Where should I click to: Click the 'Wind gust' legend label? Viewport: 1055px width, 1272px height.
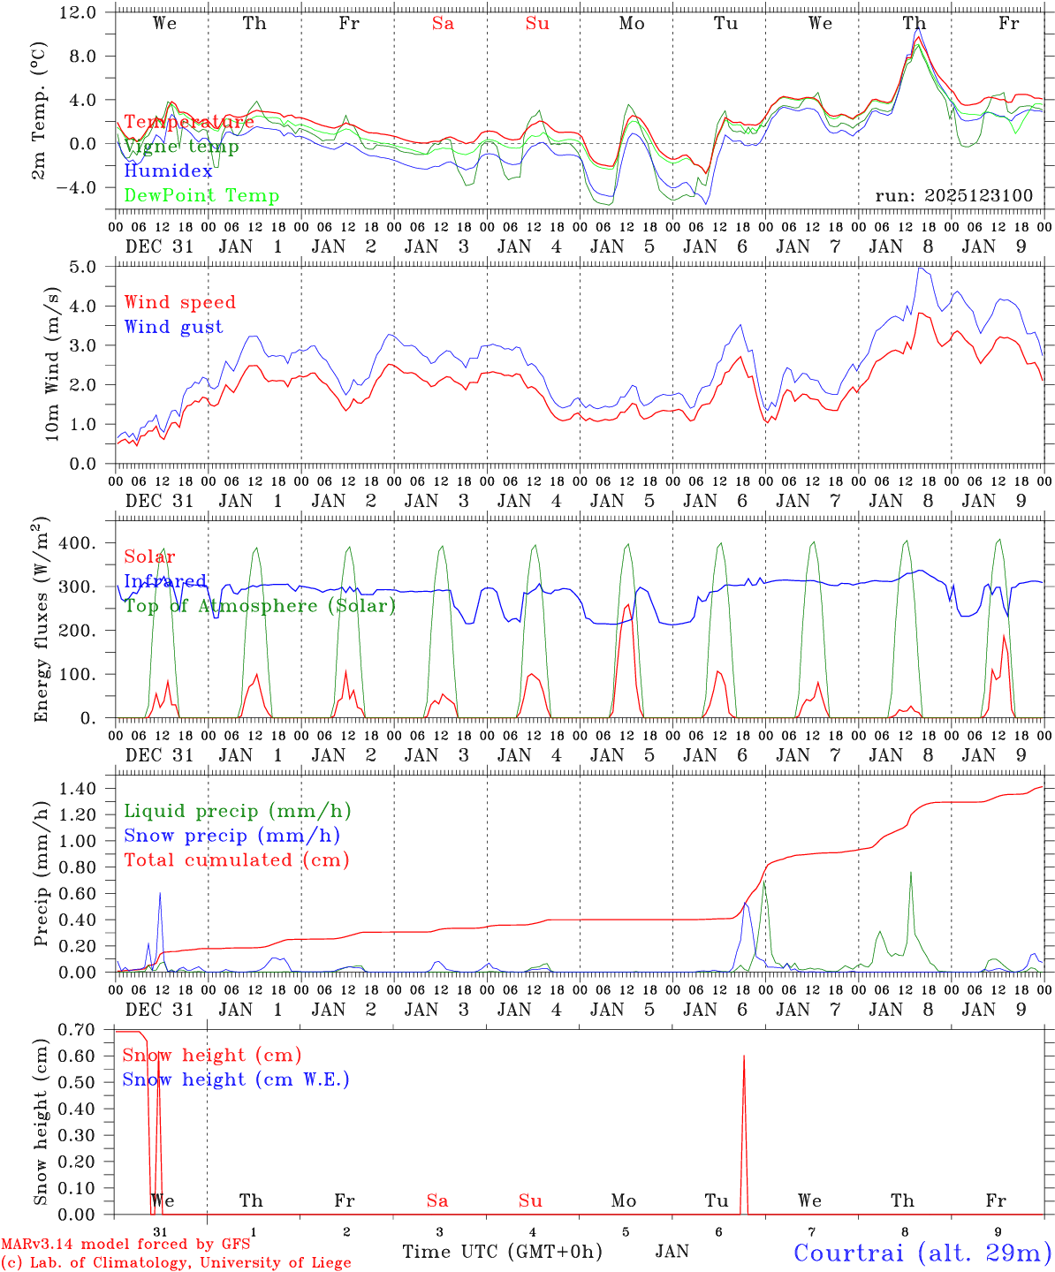tap(173, 327)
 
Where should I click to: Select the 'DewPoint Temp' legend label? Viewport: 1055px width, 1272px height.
tap(201, 195)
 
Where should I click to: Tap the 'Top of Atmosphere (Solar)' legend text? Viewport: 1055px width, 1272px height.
tap(259, 606)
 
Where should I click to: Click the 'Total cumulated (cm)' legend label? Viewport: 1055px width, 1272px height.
tap(236, 859)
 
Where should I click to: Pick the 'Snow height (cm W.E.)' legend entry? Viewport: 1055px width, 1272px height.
tap(235, 1079)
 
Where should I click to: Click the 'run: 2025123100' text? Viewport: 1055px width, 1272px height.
tap(953, 195)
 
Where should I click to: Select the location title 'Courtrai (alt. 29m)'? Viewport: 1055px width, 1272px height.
tap(922, 1253)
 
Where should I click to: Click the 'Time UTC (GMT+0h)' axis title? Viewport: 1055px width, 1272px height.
tap(502, 1252)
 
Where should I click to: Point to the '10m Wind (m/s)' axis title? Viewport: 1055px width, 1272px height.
tap(54, 364)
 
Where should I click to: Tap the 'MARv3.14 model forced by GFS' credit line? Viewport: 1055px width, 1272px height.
tap(125, 1244)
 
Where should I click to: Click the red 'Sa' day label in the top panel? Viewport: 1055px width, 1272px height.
tap(443, 24)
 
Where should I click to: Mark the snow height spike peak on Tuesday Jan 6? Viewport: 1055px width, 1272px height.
tap(744, 1056)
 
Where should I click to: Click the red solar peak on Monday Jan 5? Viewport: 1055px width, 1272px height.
tap(627, 605)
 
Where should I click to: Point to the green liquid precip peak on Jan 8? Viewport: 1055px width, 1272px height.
tap(910, 873)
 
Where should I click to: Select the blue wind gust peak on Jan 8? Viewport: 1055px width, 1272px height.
tap(920, 269)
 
